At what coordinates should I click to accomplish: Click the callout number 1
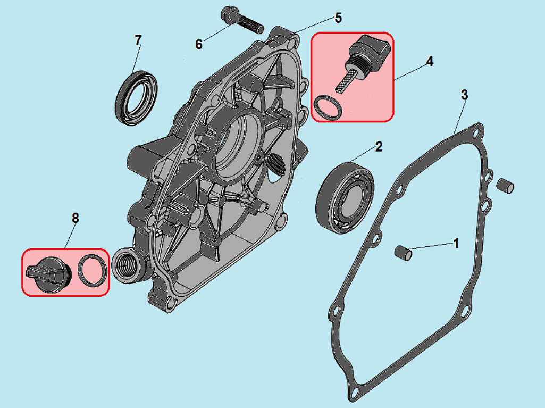pos(456,244)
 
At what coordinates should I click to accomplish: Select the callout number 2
pos(379,146)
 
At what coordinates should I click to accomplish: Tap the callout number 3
pos(464,95)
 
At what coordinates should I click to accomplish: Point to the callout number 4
pos(430,62)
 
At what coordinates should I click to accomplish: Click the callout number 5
pos(338,18)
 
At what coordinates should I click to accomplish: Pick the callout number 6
pos(198,44)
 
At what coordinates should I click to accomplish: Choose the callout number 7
pos(138,40)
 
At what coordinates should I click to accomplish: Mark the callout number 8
pos(76,219)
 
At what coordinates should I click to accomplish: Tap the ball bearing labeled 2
pos(345,197)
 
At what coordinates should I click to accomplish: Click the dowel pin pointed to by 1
pos(404,253)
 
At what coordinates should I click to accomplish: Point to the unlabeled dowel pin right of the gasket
pos(505,186)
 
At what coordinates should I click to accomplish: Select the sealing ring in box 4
pos(328,108)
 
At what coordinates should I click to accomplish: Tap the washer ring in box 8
pos(92,271)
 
